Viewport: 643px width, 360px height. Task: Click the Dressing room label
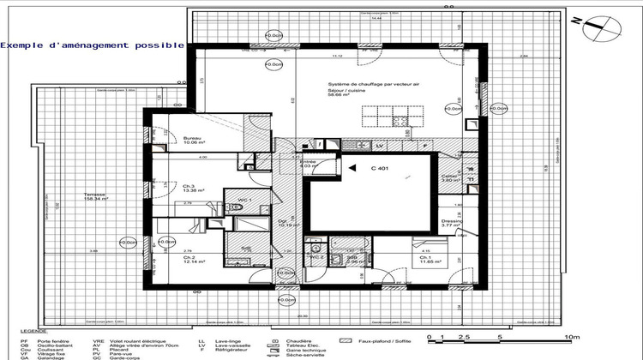451,221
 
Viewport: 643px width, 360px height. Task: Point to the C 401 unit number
380,169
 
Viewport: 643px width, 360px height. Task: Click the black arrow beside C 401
352,169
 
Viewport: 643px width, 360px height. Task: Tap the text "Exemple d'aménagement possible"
92,44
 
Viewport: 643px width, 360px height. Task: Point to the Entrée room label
306,161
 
